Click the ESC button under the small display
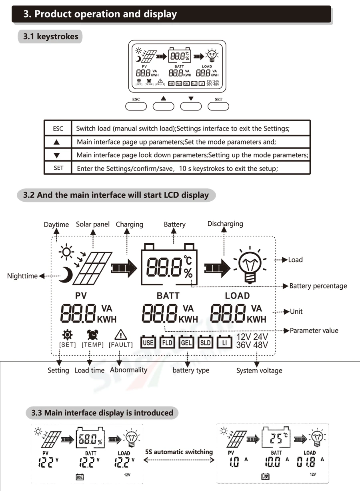(136, 106)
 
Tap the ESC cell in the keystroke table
(58, 128)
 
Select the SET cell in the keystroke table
(58, 168)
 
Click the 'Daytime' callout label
(56, 224)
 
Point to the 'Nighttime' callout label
(22, 276)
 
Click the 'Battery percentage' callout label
(318, 286)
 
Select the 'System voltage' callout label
(259, 371)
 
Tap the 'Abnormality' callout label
(128, 370)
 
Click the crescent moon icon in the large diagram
(64, 275)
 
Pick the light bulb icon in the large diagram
(251, 264)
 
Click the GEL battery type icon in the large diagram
(186, 343)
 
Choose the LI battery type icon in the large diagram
(224, 343)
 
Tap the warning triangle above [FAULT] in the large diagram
(120, 334)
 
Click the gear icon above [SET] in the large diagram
(67, 334)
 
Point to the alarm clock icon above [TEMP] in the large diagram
(93, 334)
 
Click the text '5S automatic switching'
(179, 452)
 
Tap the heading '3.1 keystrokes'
(50, 37)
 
